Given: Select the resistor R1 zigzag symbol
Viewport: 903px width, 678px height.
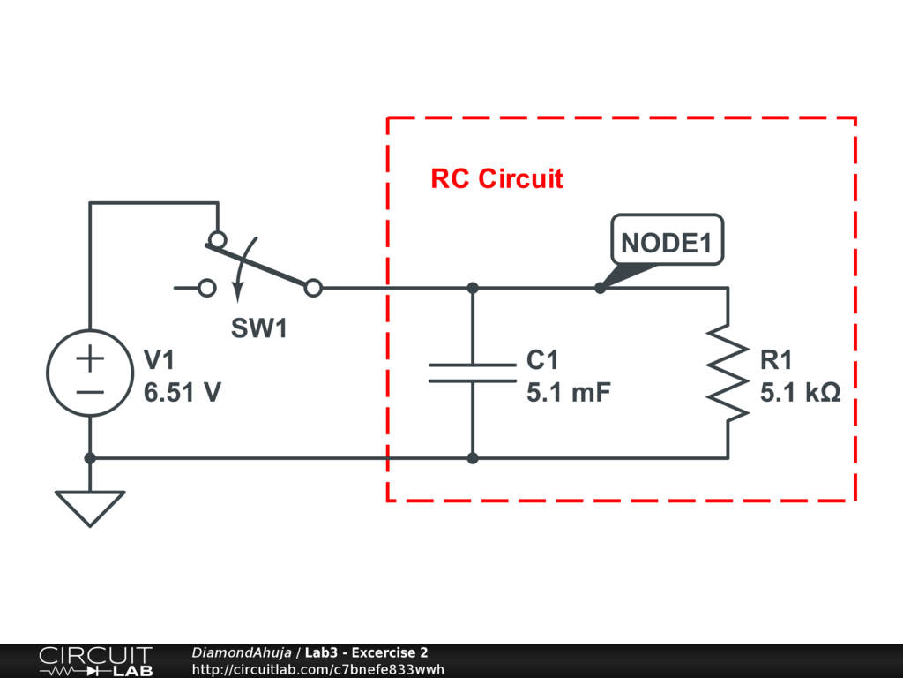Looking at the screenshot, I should point(728,372).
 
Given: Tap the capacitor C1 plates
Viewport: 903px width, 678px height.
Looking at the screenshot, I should point(473,373).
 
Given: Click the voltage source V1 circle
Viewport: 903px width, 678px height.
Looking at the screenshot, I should point(90,373).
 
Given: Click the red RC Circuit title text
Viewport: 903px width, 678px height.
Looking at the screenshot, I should point(496,178).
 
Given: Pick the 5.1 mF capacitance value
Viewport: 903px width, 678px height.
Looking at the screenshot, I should point(569,393).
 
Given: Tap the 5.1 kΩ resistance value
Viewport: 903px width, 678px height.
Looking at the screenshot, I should point(801,393).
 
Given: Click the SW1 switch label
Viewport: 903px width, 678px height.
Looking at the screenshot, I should point(259,329).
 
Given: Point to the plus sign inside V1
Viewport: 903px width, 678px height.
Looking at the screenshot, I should point(90,358).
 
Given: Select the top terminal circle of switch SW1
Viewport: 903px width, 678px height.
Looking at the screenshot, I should point(216,239).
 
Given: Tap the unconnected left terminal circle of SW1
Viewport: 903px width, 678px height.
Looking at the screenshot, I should point(207,288).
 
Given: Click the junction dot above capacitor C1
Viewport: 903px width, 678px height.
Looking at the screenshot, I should point(473,288).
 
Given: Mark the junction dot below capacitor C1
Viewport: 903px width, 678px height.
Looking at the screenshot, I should point(473,458).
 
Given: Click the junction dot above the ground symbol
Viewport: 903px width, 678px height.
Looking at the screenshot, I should point(90,458).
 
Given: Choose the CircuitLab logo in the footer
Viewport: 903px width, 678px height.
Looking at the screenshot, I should point(95,661).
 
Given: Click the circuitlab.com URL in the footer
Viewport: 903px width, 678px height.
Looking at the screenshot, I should point(317,669).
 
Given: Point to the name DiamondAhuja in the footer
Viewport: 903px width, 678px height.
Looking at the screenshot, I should point(241,652).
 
